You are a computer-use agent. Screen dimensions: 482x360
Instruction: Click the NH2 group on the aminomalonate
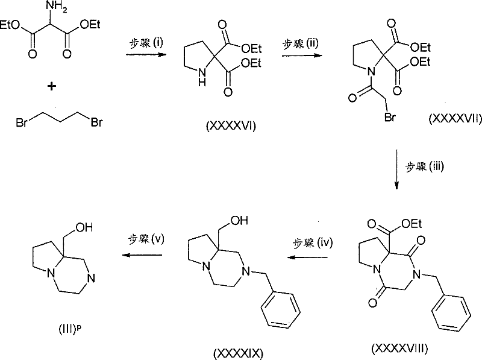click(56, 7)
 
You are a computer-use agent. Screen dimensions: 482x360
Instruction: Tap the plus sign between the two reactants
click(52, 86)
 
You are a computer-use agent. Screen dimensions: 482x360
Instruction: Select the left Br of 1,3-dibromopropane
click(22, 123)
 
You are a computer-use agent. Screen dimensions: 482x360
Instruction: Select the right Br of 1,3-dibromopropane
click(96, 122)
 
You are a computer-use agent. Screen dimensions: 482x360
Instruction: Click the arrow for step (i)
click(146, 55)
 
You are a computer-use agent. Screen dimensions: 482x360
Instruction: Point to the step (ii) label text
click(300, 43)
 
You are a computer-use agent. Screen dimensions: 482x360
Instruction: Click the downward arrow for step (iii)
click(396, 169)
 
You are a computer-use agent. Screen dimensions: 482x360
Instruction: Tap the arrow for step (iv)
click(307, 257)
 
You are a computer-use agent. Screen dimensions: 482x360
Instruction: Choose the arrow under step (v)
click(142, 255)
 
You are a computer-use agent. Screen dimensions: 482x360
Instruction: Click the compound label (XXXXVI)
click(231, 126)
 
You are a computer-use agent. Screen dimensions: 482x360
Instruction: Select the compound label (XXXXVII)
click(455, 118)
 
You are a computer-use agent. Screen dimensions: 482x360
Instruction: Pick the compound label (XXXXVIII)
click(399, 349)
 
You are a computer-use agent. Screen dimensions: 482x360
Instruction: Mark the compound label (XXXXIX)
click(238, 353)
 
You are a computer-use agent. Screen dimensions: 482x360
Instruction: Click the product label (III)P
click(70, 329)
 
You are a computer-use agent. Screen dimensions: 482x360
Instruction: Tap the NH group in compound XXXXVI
click(202, 77)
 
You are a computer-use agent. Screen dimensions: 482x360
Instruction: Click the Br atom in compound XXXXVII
click(390, 117)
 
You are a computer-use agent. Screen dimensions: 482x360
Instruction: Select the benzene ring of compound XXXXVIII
click(451, 313)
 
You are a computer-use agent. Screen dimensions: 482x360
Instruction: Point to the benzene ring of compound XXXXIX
click(281, 309)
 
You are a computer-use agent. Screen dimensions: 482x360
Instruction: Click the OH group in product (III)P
click(84, 227)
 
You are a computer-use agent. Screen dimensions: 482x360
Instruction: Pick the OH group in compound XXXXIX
click(239, 220)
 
